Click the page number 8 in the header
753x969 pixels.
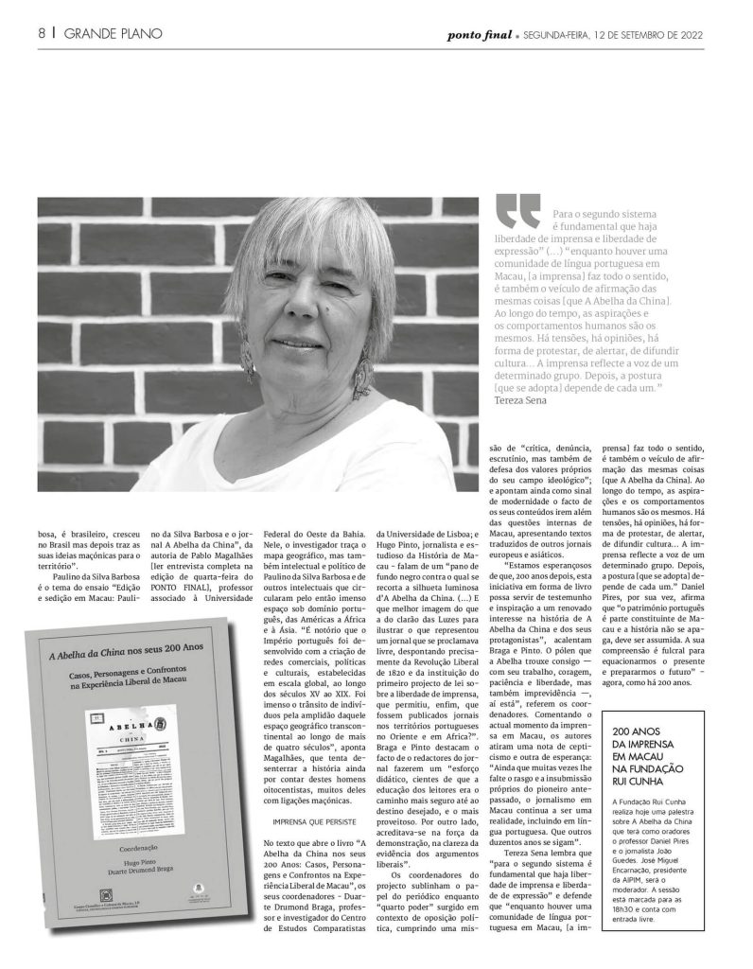click(42, 34)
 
